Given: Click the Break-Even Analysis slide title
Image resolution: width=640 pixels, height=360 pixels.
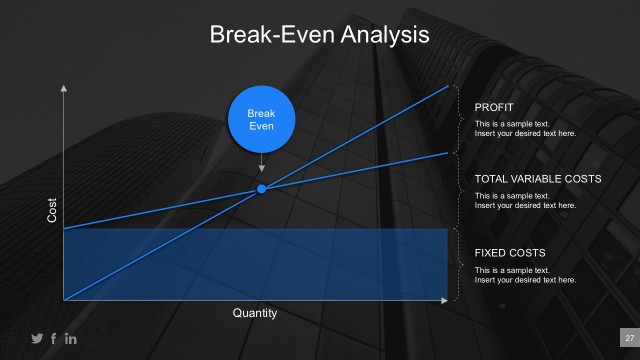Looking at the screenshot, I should click(319, 35).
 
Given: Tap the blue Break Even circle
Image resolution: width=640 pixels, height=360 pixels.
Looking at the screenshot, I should click(261, 120).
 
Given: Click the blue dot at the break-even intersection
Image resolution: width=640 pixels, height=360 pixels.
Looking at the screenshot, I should click(261, 189).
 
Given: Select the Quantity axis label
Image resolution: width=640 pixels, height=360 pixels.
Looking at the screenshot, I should click(254, 313).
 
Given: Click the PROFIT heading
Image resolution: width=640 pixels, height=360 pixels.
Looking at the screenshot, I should click(495, 106).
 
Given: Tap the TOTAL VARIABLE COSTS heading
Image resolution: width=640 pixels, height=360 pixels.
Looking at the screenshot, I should click(537, 179).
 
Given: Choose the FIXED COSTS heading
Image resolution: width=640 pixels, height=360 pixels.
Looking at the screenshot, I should click(509, 253).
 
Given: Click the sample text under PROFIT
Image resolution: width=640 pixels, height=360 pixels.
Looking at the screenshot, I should click(525, 128).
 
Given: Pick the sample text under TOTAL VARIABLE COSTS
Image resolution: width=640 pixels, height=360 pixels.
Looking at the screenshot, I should click(525, 200).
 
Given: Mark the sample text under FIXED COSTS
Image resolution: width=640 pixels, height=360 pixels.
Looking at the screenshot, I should click(525, 275).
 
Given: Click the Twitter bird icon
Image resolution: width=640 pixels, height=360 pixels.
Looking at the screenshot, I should click(37, 338).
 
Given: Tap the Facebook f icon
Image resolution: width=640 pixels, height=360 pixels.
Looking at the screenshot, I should click(54, 338).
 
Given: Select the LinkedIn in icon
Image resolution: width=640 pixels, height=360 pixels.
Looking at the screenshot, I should click(71, 338).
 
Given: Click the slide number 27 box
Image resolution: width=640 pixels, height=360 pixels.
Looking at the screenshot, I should click(629, 337).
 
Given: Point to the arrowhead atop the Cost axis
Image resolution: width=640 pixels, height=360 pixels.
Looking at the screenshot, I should click(64, 89).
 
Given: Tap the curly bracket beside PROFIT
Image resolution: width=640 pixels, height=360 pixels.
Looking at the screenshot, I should click(458, 118).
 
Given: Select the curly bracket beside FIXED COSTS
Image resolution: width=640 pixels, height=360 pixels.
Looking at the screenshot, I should click(458, 264).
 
